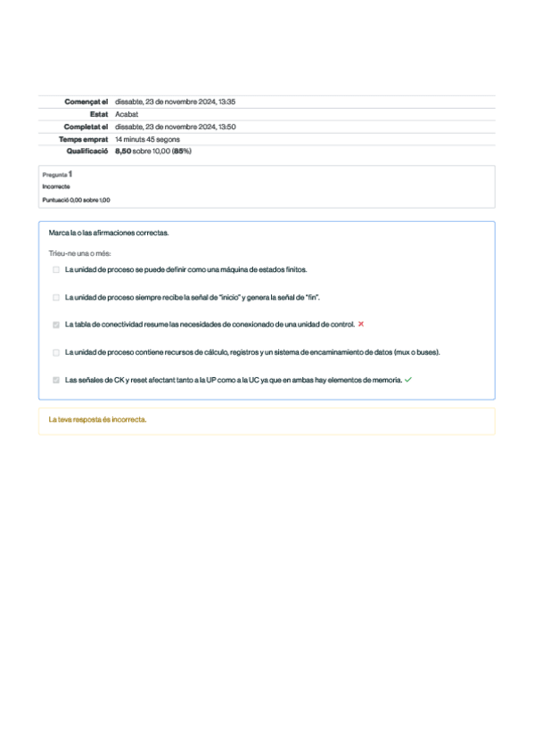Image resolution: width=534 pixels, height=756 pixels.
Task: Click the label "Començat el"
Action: [86, 102]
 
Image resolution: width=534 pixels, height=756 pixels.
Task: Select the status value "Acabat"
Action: [127, 114]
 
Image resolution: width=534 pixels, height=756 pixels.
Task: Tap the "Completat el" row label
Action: [86, 127]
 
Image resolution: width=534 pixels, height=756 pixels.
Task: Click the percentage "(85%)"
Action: [182, 152]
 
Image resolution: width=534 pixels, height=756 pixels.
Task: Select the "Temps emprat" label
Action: [84, 139]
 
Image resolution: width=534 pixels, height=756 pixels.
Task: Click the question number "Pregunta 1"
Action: [58, 174]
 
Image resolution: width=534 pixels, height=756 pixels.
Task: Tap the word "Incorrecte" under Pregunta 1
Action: [55, 186]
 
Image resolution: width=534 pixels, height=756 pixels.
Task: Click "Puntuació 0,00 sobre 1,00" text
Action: [76, 200]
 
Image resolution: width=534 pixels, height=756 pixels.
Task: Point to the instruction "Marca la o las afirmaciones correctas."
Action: [108, 233]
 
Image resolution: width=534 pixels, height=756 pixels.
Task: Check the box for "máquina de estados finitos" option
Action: [56, 268]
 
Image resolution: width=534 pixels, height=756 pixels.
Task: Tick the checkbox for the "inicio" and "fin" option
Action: [56, 297]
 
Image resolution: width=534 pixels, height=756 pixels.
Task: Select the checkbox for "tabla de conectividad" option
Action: [56, 325]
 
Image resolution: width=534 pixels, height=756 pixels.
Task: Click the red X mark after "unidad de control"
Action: [361, 325]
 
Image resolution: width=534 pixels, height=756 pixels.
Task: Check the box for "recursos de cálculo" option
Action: [56, 352]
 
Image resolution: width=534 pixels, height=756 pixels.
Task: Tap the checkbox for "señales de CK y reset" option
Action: [56, 380]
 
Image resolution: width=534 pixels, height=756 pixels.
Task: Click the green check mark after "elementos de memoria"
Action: [408, 380]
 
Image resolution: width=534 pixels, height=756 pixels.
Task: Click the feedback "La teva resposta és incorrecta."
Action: [97, 419]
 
